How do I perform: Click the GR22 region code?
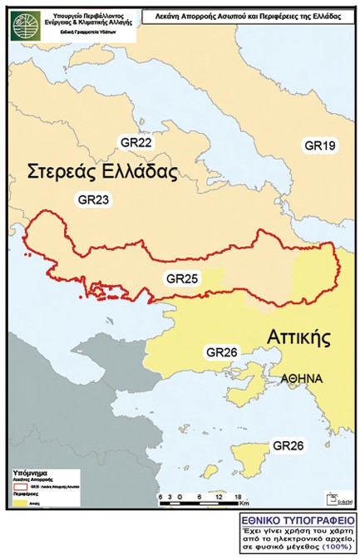pyautogui.click(x=135, y=143)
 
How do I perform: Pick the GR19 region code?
pyautogui.click(x=319, y=146)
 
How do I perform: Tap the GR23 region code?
pyautogui.click(x=93, y=199)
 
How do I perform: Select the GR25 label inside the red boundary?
pyautogui.click(x=182, y=279)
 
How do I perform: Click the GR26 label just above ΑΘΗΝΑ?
pyautogui.click(x=222, y=352)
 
